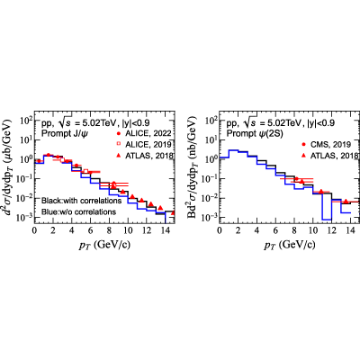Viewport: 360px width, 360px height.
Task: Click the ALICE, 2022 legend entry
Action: (x=145, y=133)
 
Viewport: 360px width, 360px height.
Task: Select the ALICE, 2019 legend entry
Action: (x=145, y=145)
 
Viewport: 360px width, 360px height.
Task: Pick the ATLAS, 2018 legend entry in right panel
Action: (x=330, y=156)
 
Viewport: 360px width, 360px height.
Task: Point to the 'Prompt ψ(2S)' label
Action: (x=249, y=134)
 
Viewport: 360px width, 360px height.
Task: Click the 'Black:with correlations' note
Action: (x=81, y=201)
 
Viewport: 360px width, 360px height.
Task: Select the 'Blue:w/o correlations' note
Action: (x=78, y=211)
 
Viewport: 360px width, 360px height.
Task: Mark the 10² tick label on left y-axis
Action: (x=26, y=121)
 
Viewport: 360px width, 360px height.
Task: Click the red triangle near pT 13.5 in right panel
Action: (x=346, y=202)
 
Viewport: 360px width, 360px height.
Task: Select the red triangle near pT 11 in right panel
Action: (x=320, y=192)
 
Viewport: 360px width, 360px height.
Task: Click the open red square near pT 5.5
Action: (x=85, y=172)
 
